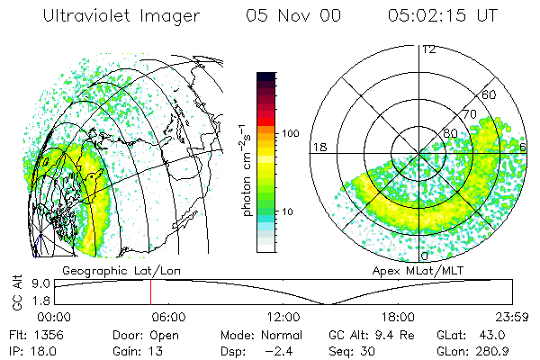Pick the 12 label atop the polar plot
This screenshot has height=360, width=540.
click(428, 49)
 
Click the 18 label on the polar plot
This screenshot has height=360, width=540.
click(319, 147)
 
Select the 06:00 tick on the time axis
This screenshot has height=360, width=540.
click(168, 317)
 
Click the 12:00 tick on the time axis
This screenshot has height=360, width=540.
click(283, 317)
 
